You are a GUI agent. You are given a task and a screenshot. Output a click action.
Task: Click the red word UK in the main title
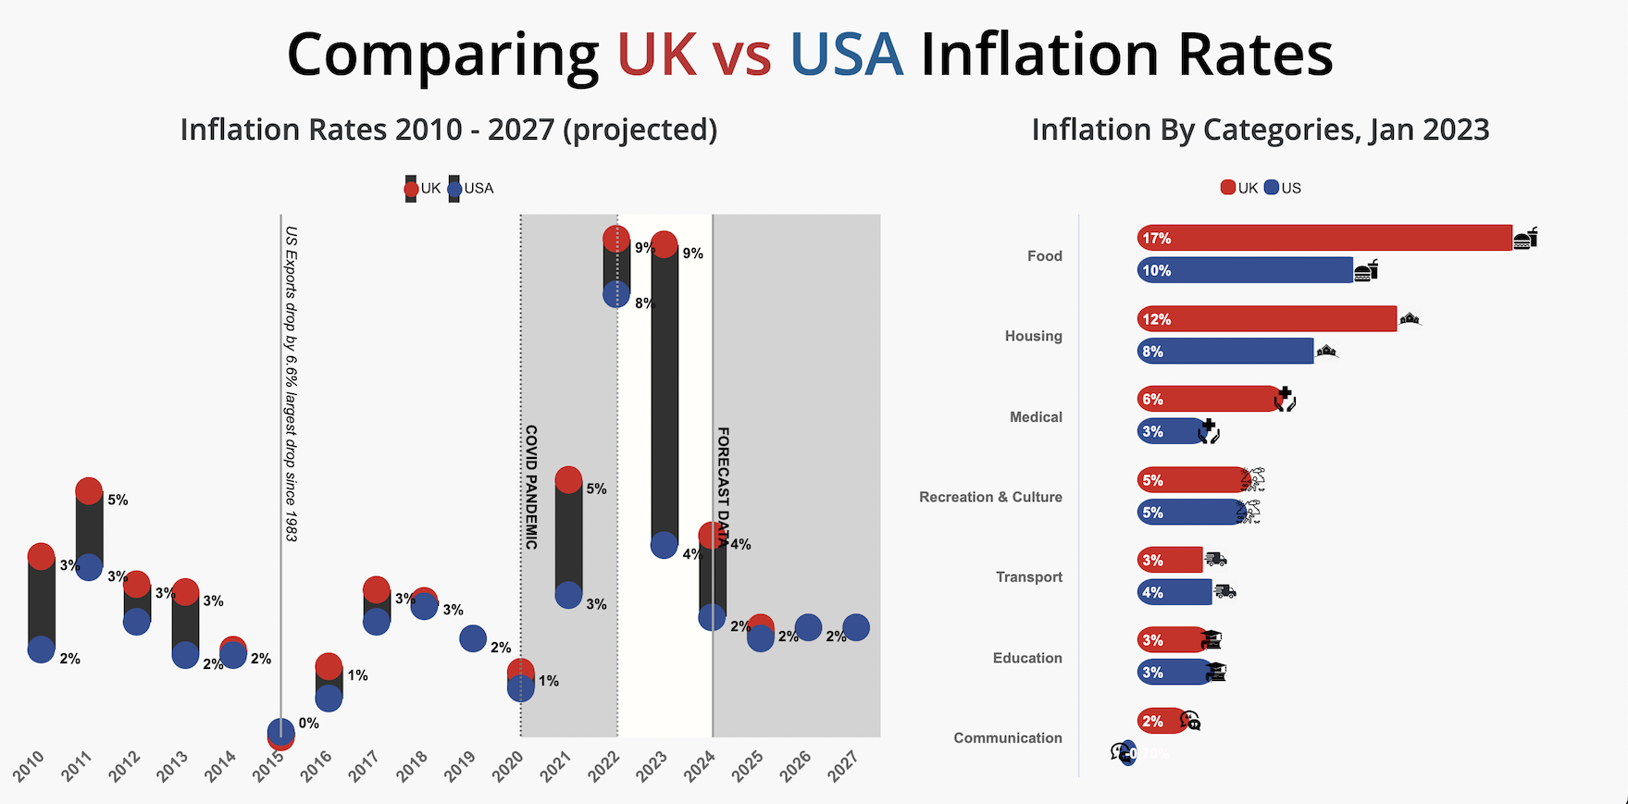(656, 56)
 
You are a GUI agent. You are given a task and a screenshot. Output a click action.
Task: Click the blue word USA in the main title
(846, 56)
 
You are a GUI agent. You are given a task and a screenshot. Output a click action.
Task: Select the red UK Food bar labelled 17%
(1324, 238)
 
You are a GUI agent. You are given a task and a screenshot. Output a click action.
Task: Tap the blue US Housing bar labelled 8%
(1224, 352)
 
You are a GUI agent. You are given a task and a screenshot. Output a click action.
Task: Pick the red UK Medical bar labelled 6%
(1208, 399)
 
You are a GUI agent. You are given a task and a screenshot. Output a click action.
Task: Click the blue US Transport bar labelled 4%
(1174, 592)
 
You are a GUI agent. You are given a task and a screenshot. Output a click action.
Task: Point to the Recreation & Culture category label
(990, 497)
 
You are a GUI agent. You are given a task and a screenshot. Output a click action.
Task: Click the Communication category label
(1007, 737)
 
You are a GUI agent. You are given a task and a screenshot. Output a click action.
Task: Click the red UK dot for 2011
(89, 491)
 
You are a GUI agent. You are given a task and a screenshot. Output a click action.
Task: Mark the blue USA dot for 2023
(664, 545)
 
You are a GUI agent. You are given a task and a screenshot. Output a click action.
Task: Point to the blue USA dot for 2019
(473, 638)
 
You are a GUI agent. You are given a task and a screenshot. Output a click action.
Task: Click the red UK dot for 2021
(568, 480)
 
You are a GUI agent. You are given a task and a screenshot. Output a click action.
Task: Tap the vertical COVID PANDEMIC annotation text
(531, 487)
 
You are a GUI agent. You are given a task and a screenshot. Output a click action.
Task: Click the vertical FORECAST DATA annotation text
(723, 487)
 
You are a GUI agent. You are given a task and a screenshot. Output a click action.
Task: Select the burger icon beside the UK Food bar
(1525, 239)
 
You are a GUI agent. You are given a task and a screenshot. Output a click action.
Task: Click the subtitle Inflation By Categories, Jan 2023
(1260, 130)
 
